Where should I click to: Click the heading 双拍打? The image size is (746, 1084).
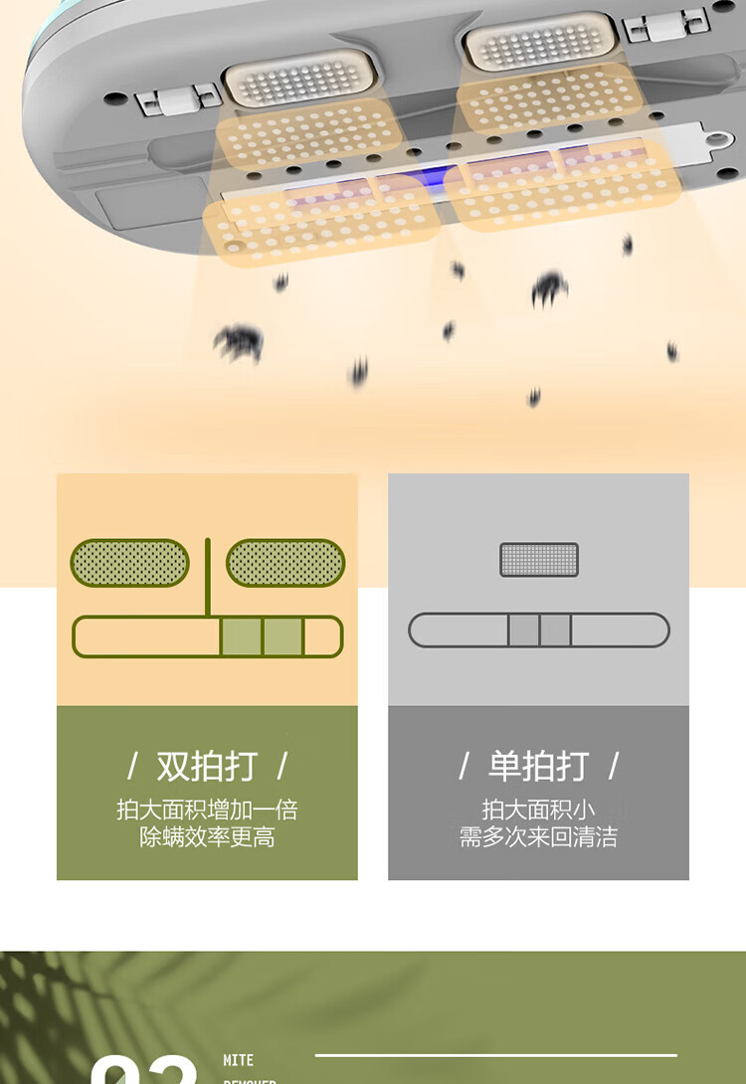(207, 767)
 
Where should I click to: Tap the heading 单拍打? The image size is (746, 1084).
(538, 767)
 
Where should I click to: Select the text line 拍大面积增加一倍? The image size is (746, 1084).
(207, 810)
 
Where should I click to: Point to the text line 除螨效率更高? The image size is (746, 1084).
(207, 837)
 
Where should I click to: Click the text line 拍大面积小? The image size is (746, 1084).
(538, 810)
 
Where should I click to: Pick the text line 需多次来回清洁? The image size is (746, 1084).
(538, 837)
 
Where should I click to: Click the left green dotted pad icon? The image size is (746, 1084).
(129, 563)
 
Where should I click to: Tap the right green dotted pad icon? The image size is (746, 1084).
(285, 563)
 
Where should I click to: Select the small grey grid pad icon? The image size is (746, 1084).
(539, 560)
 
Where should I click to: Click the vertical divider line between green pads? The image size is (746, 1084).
(208, 577)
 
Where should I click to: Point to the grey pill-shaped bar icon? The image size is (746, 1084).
(539, 631)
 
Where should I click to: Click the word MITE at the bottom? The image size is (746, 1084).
(239, 1060)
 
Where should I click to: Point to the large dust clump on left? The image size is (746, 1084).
(239, 341)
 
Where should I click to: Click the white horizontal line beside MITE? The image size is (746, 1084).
(495, 1055)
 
